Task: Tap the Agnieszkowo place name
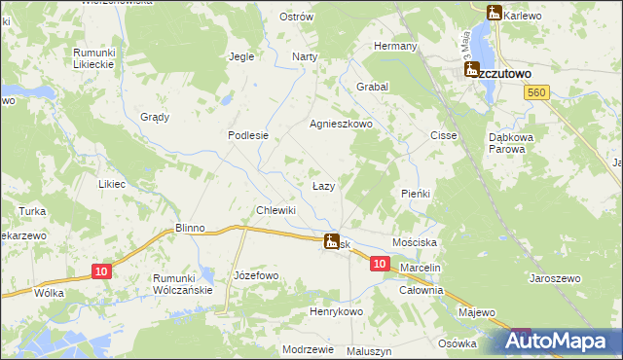point(342,125)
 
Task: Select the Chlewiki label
point(275,210)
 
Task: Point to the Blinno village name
point(190,228)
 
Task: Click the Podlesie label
point(247,136)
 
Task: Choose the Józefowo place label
point(257,275)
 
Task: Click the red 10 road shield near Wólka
point(102,271)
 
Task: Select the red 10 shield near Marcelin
point(380,264)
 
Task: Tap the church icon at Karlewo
point(493,13)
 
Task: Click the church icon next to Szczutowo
point(472,70)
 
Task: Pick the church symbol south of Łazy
point(332,241)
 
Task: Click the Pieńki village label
point(416,194)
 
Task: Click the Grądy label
point(155,117)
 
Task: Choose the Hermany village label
point(396,46)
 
